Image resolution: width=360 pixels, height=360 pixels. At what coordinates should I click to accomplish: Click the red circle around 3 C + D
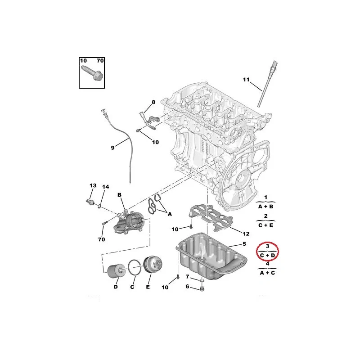tap(256, 251)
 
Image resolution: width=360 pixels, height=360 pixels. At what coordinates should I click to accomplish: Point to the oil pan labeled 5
tap(211, 257)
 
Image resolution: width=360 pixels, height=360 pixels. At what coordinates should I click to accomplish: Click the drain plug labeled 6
tap(202, 288)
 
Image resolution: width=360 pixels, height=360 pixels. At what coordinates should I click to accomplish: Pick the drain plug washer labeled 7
tap(202, 281)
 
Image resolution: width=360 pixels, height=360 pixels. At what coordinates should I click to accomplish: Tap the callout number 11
tap(246, 80)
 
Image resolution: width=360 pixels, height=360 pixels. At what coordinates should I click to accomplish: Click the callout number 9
tap(112, 148)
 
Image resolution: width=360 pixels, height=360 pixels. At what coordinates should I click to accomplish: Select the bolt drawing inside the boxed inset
tap(92, 73)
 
